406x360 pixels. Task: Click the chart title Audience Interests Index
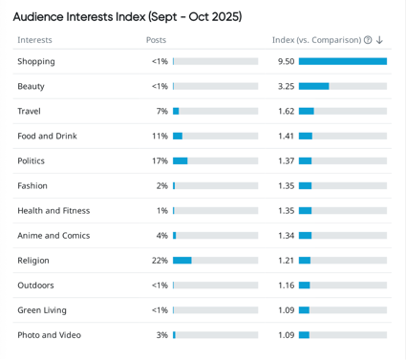[x=127, y=16]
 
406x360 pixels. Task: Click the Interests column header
[x=34, y=40]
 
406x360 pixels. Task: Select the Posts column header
[x=156, y=40]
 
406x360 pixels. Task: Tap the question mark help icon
[x=368, y=40]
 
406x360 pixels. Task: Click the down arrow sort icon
[x=379, y=40]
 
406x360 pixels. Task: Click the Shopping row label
[x=36, y=61]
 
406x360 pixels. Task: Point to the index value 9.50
[x=286, y=61]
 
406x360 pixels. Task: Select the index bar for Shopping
[x=342, y=61]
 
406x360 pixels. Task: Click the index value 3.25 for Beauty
[x=286, y=86]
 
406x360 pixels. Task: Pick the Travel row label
[x=29, y=111]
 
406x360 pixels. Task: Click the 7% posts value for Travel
[x=161, y=111]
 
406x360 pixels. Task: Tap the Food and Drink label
[x=47, y=136]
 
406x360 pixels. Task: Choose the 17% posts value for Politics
[x=160, y=160]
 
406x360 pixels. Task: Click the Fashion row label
[x=32, y=185]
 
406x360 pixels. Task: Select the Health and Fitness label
[x=53, y=210]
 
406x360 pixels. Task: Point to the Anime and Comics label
[x=53, y=235]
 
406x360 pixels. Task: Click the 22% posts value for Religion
[x=160, y=260]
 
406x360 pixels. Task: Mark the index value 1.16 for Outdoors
[x=286, y=285]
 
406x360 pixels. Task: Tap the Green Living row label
[x=42, y=309]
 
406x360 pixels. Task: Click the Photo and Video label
[x=49, y=334]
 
